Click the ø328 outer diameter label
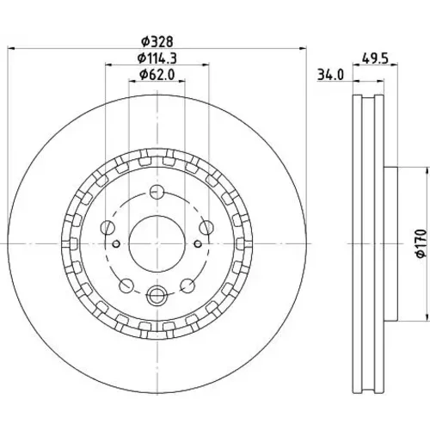click(157, 42)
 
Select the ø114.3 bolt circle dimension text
click(157, 58)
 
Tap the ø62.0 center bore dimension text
click(157, 75)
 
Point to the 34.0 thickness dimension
click(330, 76)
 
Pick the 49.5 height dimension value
click(375, 58)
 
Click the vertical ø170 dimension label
click(421, 243)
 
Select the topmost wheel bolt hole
click(157, 192)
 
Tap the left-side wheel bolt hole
click(107, 228)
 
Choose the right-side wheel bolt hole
click(206, 228)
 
